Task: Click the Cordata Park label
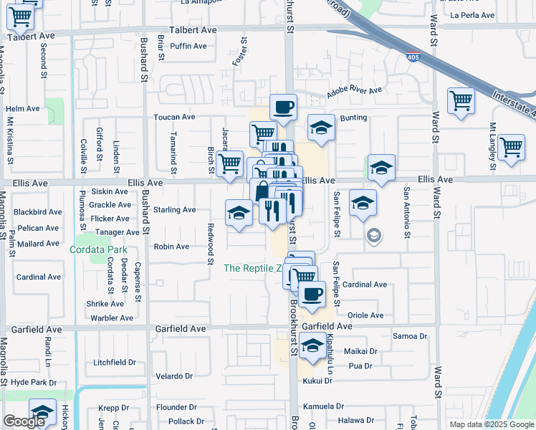tap(97, 250)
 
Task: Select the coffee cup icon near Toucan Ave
tap(283, 107)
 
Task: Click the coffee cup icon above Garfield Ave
tap(312, 294)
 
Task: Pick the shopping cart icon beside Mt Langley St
tap(511, 147)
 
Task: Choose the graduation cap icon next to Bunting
tap(321, 129)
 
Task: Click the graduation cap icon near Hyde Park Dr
tap(43, 414)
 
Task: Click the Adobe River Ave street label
tap(355, 92)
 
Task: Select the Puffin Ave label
tap(189, 46)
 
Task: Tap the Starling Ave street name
tap(175, 210)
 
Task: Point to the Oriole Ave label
tap(365, 315)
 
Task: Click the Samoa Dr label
tap(411, 335)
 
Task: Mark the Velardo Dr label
tap(171, 376)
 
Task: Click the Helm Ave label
tap(23, 108)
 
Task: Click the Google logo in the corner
tap(24, 421)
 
